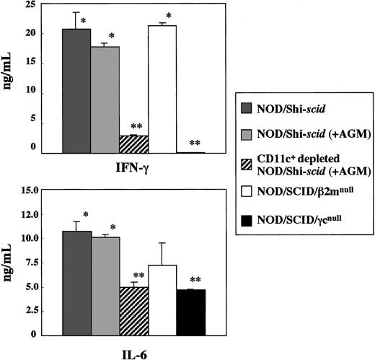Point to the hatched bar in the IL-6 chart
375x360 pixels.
(133, 310)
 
